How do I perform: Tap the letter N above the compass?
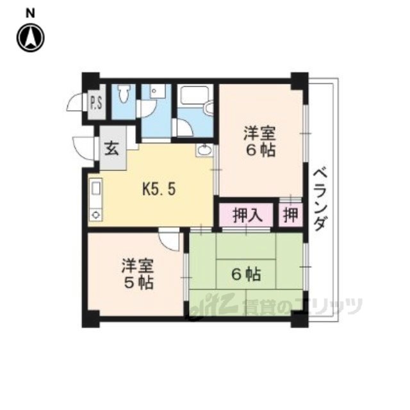[x=29, y=12]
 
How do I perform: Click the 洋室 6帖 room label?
[x=259, y=143]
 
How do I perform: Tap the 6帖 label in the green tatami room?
[x=245, y=275]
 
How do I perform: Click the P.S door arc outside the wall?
[x=78, y=102]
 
